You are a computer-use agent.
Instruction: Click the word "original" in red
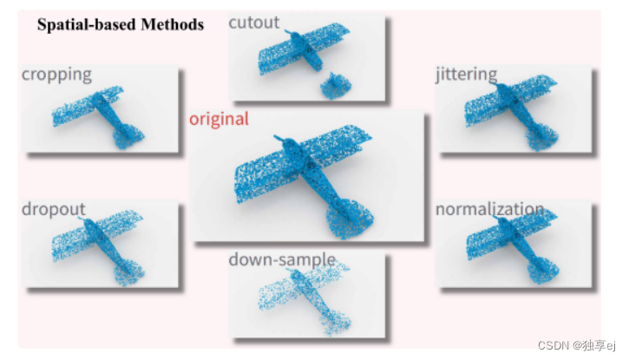[x=219, y=119]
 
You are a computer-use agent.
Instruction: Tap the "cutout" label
[x=254, y=23]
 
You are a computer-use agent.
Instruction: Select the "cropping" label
[x=56, y=74]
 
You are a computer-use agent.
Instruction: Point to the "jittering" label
[x=467, y=74]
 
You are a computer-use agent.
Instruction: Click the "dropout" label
[x=54, y=209]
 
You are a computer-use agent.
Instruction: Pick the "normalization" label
[x=489, y=209]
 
